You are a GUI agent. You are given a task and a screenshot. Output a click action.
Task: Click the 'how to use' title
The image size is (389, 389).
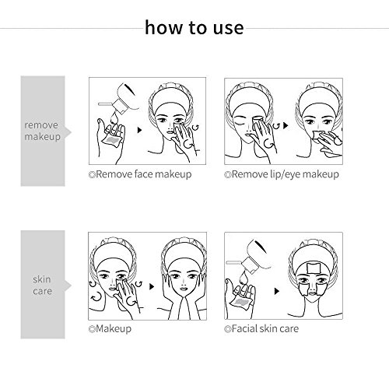coord(194,27)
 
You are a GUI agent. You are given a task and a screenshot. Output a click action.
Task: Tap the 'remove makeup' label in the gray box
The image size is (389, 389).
coord(43,131)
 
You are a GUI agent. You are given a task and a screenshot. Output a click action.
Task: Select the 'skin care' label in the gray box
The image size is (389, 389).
coord(43,285)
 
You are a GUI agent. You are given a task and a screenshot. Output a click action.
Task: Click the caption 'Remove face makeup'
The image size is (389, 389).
coord(140,174)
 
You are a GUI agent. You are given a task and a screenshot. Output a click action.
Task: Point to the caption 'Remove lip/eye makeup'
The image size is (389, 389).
coord(282,174)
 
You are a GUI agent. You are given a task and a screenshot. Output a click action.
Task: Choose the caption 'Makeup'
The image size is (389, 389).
coord(110,329)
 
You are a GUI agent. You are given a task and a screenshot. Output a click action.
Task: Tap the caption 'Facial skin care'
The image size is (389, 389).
coord(261,329)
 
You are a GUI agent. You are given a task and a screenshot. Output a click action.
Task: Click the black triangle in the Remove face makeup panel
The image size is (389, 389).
coord(139,130)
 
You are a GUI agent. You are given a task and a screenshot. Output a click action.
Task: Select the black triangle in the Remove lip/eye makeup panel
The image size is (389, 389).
coord(286,125)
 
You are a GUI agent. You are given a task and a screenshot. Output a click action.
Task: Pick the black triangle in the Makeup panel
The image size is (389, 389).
coord(152,286)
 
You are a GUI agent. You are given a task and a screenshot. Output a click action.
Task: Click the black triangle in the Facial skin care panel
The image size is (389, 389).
coord(277,291)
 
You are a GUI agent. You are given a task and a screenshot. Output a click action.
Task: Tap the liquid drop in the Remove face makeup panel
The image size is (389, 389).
coord(114,117)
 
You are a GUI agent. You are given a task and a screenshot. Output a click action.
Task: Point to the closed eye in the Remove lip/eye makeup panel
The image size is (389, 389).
coord(239,121)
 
